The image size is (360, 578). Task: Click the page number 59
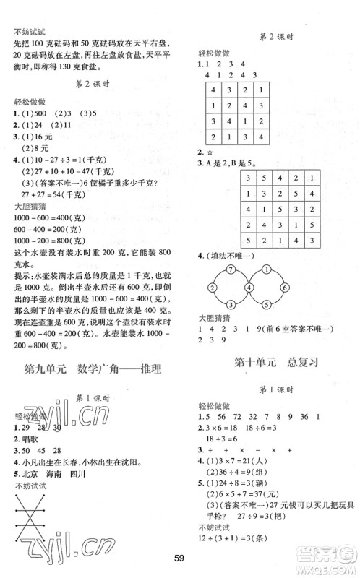coord(180,557)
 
